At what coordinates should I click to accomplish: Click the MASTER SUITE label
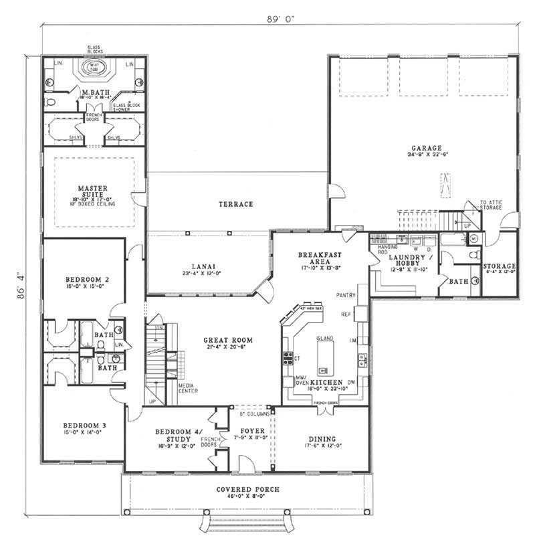coord(92,191)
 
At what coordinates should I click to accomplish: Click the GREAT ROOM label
coord(222,340)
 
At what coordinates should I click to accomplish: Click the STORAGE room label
coord(499,266)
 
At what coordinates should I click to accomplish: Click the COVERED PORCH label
coord(247,489)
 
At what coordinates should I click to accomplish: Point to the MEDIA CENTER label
coord(187,388)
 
